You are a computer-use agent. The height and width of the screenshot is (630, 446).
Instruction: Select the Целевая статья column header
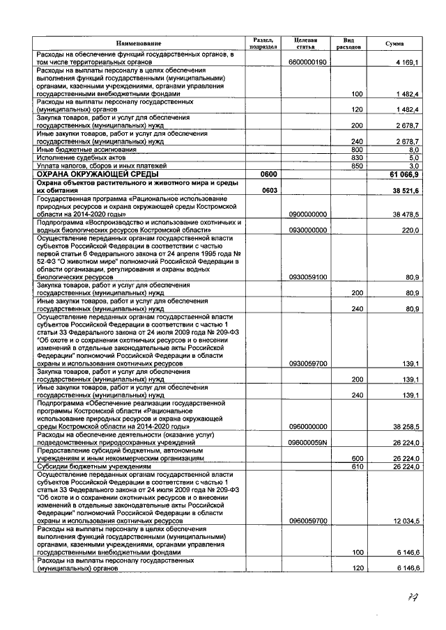[306, 43]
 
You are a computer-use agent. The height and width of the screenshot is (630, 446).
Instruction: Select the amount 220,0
[410, 230]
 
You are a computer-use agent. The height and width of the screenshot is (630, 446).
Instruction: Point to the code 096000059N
[307, 443]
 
